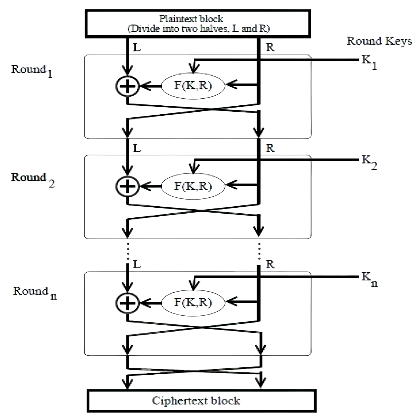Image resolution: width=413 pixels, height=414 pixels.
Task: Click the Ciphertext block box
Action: [201, 401]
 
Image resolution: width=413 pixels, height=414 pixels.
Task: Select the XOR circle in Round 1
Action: [127, 86]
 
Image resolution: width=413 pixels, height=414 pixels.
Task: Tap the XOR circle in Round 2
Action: [127, 185]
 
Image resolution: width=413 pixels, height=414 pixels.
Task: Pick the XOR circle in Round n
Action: [127, 303]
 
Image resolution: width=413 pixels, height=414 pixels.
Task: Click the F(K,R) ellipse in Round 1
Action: [193, 86]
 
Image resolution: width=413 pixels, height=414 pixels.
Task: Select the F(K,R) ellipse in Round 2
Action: [193, 185]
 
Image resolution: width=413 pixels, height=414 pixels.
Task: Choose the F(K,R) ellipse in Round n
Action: [193, 303]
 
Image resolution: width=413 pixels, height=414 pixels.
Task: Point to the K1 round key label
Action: [369, 62]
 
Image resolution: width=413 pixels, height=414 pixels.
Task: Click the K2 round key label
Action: [369, 162]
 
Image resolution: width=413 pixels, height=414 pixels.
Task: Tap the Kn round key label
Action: [369, 279]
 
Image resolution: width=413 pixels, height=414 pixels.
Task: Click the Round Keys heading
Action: [379, 41]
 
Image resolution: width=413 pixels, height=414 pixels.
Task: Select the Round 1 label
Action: [32, 70]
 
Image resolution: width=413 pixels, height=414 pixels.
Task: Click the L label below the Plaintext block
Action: [136, 48]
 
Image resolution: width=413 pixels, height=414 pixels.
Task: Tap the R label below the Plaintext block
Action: [271, 48]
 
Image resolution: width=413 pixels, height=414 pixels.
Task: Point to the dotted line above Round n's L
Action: [127, 251]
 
